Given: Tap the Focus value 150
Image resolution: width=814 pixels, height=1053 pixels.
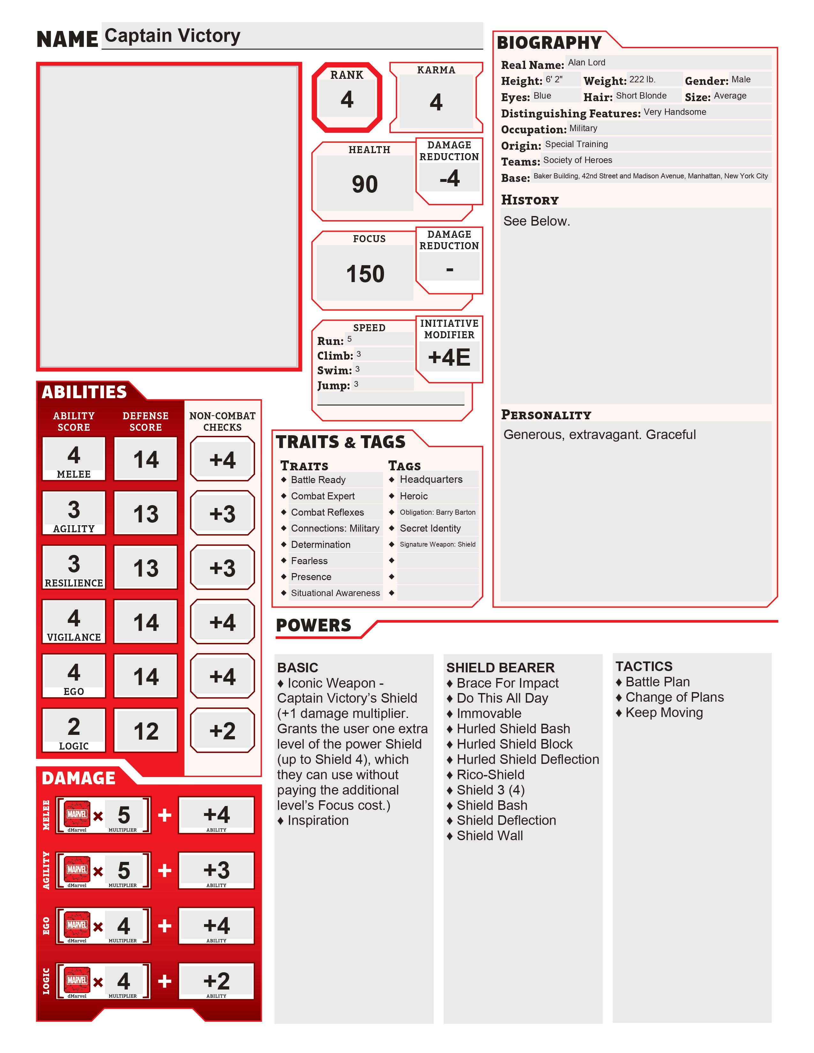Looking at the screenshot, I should (365, 274).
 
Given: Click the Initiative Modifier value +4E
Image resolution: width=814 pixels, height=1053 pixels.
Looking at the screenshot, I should (449, 357).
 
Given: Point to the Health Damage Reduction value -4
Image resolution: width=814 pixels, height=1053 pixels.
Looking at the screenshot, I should (449, 178).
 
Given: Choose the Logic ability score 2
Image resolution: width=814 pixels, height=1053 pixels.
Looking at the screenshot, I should (74, 727).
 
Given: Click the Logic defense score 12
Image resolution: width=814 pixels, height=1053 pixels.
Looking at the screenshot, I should (146, 731).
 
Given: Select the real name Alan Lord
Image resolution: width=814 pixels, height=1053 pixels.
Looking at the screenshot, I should (586, 63).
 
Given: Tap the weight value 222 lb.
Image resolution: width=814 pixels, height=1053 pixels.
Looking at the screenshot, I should (642, 79).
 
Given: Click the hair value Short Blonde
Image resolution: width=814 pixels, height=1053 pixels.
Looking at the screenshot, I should (641, 95).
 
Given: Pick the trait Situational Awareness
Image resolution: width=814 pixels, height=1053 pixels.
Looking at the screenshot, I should (335, 593).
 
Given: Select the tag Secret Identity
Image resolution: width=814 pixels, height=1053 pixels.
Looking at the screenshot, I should (430, 528).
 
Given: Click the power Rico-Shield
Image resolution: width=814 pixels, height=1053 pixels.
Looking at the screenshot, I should (490, 775).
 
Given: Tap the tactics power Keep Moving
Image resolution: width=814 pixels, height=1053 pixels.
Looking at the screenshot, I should (664, 713).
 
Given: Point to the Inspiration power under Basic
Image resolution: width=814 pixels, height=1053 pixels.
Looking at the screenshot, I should (318, 821).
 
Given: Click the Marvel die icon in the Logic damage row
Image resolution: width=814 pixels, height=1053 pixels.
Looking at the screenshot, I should (77, 981).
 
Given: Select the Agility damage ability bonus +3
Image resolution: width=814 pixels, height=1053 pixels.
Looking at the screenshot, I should (216, 870).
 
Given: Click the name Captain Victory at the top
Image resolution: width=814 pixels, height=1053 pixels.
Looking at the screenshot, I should (172, 36).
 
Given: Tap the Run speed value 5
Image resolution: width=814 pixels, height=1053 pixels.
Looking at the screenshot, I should (350, 339).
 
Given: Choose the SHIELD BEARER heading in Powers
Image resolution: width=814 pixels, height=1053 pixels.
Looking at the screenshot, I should (500, 668).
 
